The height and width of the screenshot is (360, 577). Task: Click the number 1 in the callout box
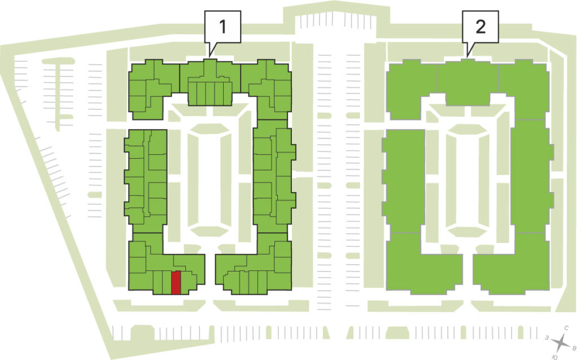[222, 26]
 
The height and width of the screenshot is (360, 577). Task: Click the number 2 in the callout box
[480, 26]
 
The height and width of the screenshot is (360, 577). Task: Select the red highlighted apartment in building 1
[176, 282]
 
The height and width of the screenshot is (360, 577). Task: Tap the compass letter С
[566, 328]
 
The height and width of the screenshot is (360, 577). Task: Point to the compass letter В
[573, 347]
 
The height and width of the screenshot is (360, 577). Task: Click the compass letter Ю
[555, 357]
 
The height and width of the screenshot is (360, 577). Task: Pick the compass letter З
[547, 337]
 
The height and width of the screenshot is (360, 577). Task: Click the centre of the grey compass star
[561, 343]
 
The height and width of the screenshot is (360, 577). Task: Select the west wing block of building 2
[403, 181]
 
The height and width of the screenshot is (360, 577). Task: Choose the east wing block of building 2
[532, 176]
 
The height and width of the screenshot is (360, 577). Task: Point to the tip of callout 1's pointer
[210, 57]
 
